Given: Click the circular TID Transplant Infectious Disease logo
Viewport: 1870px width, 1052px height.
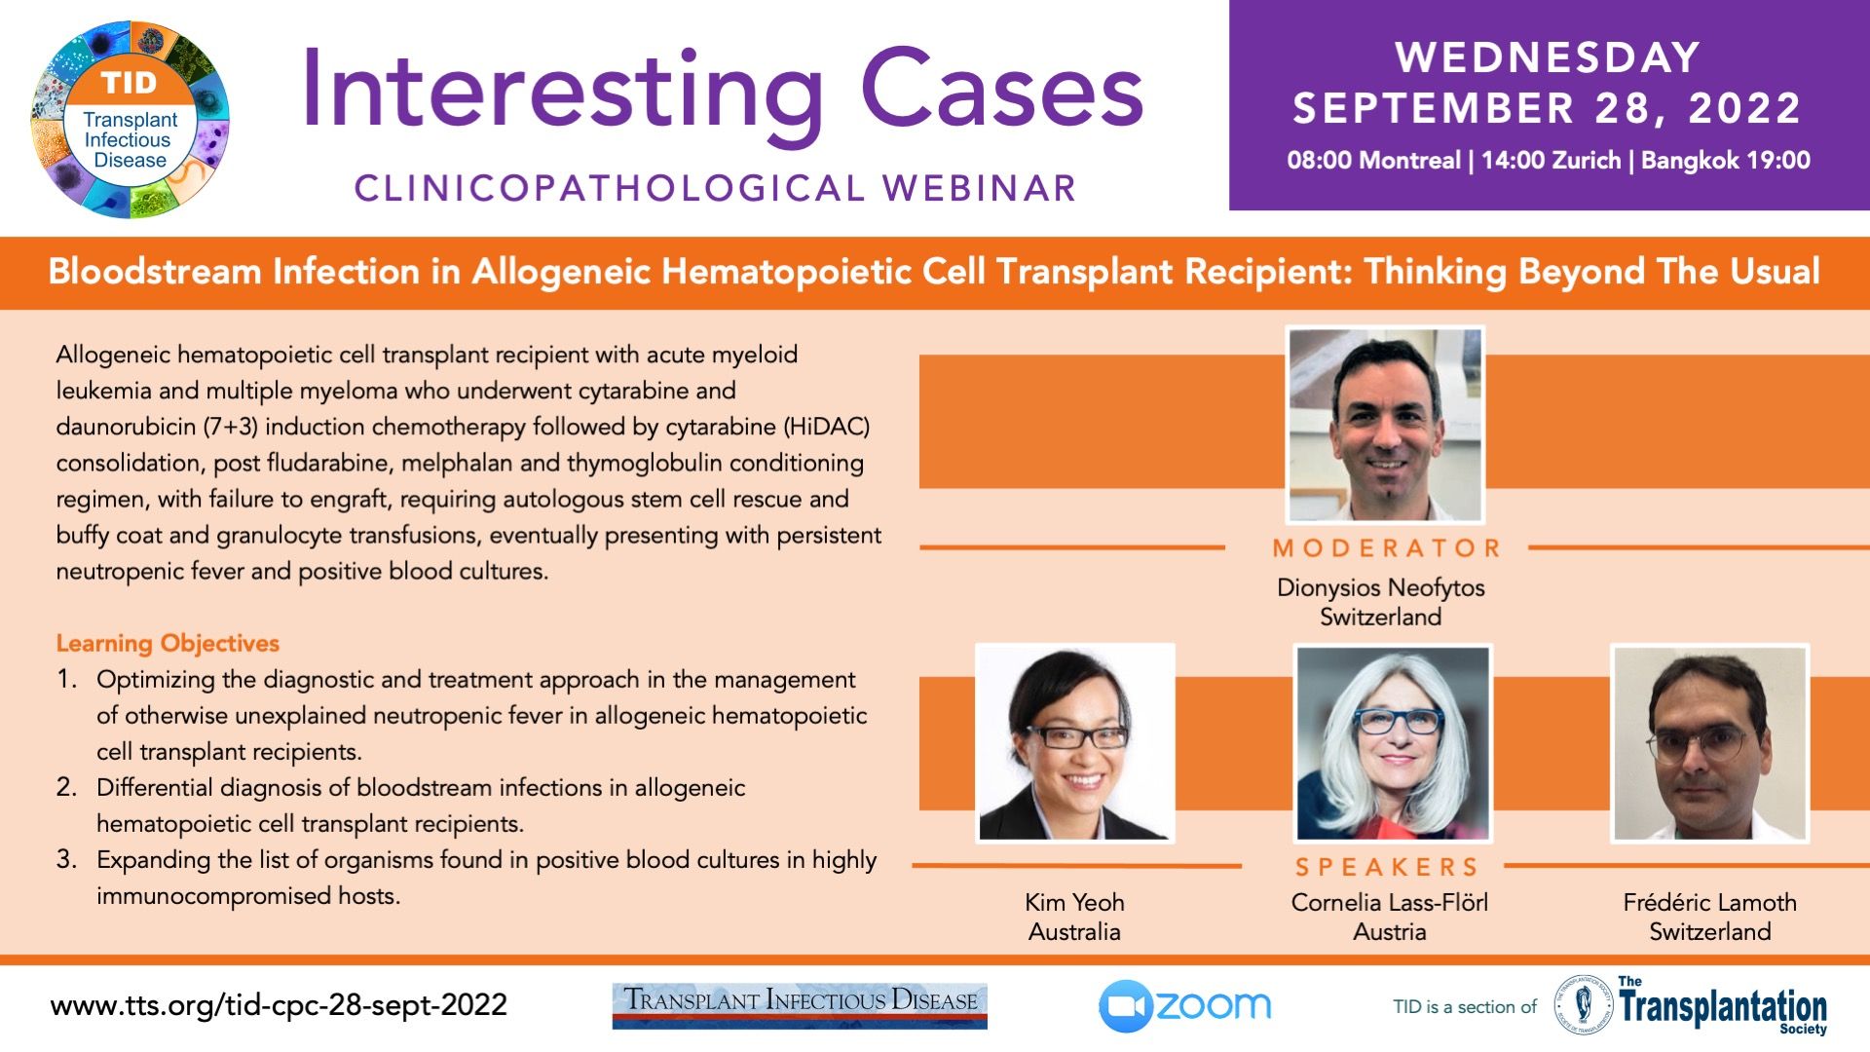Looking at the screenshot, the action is (x=131, y=120).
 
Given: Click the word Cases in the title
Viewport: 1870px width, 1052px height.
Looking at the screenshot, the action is (x=1001, y=90).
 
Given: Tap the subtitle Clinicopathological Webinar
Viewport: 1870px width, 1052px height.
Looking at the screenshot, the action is (x=715, y=188).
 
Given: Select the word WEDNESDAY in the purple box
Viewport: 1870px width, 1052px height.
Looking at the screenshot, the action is (x=1548, y=57).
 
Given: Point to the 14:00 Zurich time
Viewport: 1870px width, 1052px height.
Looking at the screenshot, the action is (x=1552, y=161).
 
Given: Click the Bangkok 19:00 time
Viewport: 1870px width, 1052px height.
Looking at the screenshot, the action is (x=1726, y=161).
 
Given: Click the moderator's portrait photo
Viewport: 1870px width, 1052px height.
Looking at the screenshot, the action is (x=1385, y=425).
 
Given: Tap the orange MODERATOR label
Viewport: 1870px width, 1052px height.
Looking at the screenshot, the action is (x=1387, y=548).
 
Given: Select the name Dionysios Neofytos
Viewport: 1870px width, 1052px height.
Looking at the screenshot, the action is (x=1381, y=587).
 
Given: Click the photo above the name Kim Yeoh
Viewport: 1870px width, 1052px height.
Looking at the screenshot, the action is (x=1075, y=742).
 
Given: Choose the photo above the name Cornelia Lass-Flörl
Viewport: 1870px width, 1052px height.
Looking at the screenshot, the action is (x=1393, y=742).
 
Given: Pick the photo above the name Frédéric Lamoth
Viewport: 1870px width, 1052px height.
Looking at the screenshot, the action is (x=1710, y=742).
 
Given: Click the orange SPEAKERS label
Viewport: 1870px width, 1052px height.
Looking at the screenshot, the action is (x=1387, y=867).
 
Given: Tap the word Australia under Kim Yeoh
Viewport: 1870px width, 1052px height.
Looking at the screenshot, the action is (x=1074, y=932).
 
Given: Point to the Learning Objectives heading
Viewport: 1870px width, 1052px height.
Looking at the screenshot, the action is (x=168, y=644).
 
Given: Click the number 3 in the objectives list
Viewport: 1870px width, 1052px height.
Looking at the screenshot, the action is (x=65, y=859).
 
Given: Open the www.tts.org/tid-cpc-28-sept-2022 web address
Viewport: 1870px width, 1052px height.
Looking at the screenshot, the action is (x=279, y=1005).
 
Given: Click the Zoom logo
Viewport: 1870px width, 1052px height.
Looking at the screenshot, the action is (x=1185, y=1006).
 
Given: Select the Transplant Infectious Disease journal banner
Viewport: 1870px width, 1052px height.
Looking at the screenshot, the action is (x=800, y=1005).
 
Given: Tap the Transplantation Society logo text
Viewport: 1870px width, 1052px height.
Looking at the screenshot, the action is (x=1722, y=1006).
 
